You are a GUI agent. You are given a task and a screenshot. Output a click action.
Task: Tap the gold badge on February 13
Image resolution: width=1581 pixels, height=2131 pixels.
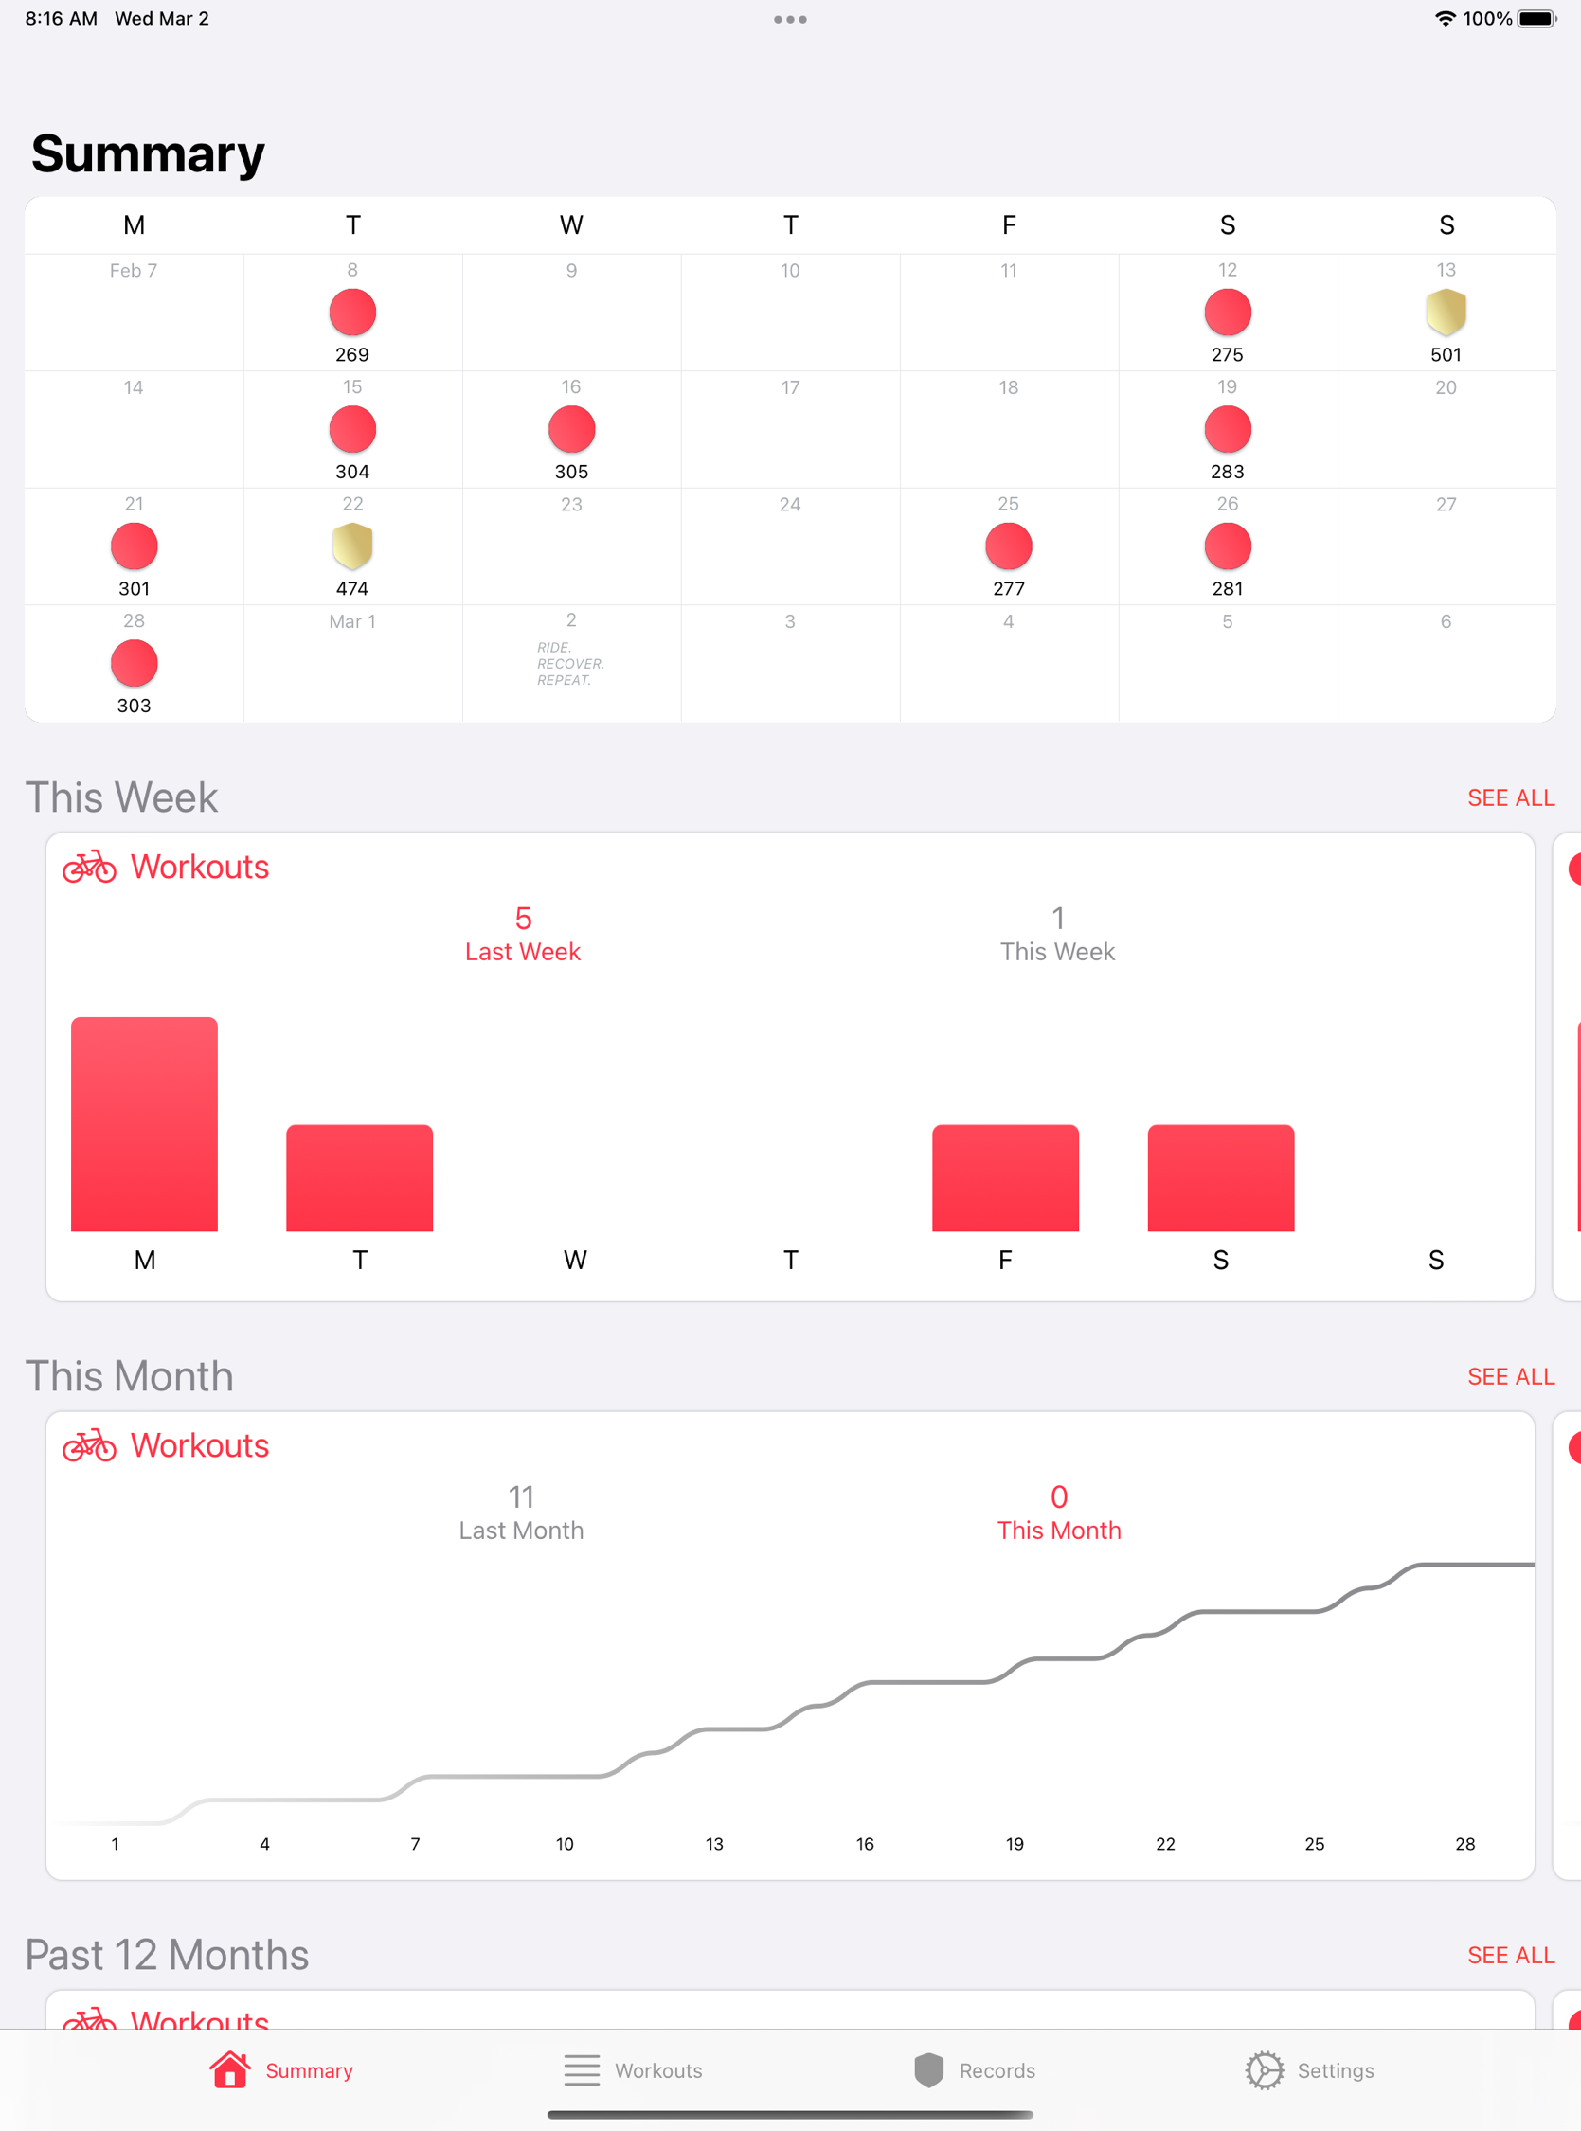[x=1446, y=312]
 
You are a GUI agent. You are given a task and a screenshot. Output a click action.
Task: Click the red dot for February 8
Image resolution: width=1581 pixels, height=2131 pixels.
[x=352, y=312]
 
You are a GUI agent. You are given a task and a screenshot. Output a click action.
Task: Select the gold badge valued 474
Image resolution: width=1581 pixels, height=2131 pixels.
[x=352, y=546]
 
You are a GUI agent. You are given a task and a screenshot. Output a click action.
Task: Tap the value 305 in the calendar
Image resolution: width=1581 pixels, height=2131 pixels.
[x=571, y=472]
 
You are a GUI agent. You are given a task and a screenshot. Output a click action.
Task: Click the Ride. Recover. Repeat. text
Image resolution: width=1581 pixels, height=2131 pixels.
[x=570, y=663]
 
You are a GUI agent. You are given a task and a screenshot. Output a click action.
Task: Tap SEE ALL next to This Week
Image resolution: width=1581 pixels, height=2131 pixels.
[x=1510, y=798]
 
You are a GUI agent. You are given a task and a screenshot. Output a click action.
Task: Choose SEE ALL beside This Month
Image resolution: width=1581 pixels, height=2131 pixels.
[x=1510, y=1376]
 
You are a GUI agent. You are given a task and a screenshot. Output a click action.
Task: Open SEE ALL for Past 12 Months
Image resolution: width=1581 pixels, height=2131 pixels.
[x=1510, y=1955]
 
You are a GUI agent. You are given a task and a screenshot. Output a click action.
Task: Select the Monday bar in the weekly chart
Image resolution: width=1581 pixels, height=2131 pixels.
[x=145, y=1123]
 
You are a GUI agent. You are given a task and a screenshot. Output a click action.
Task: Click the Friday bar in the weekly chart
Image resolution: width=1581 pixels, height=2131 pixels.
[x=1005, y=1177]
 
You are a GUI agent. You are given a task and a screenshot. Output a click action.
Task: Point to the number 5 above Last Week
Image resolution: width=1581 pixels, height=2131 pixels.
[x=523, y=919]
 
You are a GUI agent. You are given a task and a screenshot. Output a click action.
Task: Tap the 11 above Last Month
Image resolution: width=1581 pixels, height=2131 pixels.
[x=521, y=1496]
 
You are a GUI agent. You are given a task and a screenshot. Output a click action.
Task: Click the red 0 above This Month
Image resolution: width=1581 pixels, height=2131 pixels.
[x=1058, y=1496]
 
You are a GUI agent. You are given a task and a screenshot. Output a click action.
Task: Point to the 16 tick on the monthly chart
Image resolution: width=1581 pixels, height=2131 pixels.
[x=864, y=1844]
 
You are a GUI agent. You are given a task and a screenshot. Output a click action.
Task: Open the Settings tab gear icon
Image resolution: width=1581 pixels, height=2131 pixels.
[x=1265, y=2069]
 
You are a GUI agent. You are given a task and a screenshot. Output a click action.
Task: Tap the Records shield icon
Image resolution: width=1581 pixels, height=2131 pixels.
[x=928, y=2069]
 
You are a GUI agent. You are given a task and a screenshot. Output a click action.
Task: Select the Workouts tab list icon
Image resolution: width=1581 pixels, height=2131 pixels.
[x=581, y=2069]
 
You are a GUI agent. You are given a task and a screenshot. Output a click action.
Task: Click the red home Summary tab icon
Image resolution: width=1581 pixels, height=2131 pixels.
[x=229, y=2069]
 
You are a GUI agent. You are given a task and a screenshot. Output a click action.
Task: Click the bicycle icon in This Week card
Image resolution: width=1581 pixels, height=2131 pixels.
[x=89, y=867]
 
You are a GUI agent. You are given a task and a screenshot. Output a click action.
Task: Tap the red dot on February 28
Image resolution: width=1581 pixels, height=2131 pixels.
[x=134, y=663]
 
